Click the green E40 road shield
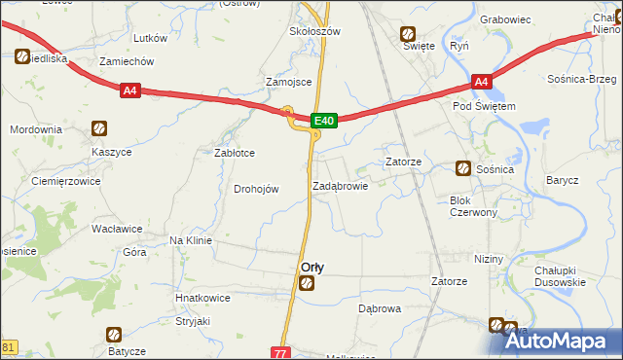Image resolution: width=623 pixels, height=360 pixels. [x=324, y=121]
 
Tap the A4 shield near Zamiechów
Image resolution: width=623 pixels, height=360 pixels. [x=131, y=90]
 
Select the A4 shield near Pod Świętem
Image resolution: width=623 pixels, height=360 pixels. [x=482, y=83]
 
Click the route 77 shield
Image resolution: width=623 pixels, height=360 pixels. [x=280, y=352]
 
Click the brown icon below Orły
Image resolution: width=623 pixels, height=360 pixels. [x=307, y=283]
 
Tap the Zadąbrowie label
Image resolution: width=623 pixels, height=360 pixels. [x=341, y=186]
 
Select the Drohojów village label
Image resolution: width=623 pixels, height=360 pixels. [x=257, y=189]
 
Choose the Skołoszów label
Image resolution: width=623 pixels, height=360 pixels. [x=313, y=31]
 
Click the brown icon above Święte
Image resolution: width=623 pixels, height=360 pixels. [x=410, y=33]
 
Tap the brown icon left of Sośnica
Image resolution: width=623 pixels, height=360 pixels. [x=462, y=168]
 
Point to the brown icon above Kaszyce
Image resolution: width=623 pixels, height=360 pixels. [x=98, y=128]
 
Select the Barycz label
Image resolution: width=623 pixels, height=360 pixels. [x=563, y=180]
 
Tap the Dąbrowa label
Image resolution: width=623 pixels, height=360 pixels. [x=380, y=308]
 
